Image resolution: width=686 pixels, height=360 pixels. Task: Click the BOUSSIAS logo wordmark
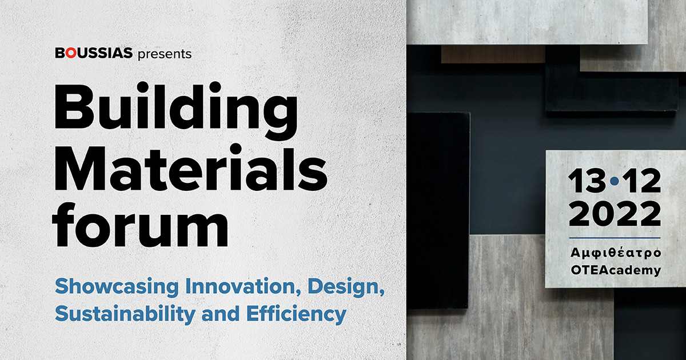pyautogui.click(x=94, y=53)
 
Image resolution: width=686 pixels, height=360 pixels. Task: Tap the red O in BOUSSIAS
pyautogui.click(x=70, y=53)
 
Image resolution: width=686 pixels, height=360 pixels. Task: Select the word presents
pyautogui.click(x=165, y=54)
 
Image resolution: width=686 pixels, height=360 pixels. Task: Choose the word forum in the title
pyautogui.click(x=140, y=224)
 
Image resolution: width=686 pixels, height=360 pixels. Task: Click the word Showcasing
pyautogui.click(x=117, y=287)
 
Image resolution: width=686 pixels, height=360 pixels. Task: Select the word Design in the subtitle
pyautogui.click(x=346, y=287)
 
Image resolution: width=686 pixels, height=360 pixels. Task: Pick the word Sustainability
pyautogui.click(x=125, y=314)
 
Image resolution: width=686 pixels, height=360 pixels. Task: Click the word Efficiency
pyautogui.click(x=296, y=314)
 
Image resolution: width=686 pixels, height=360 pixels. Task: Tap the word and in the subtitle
pyautogui.click(x=221, y=314)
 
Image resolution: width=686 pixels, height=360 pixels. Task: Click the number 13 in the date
pyautogui.click(x=587, y=181)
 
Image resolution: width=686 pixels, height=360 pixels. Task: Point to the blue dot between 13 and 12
pyautogui.click(x=615, y=182)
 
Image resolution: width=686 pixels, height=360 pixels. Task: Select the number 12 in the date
pyautogui.click(x=641, y=181)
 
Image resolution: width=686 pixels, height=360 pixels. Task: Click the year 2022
pyautogui.click(x=615, y=214)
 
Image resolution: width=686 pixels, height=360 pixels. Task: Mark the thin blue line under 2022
pyautogui.click(x=615, y=238)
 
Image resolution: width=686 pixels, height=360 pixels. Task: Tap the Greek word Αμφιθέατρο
pyautogui.click(x=616, y=254)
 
